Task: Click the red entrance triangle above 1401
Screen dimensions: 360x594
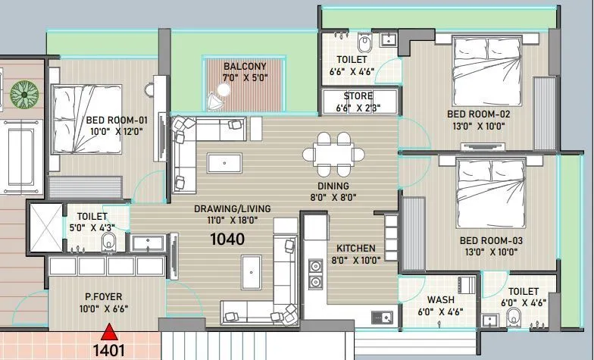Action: (x=111, y=331)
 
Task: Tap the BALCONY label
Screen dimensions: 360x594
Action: (x=244, y=67)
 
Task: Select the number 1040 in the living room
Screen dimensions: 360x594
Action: (x=227, y=239)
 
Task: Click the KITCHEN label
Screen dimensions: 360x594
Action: (x=355, y=249)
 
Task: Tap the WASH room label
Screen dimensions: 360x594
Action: (x=440, y=300)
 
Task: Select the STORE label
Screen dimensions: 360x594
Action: (x=358, y=96)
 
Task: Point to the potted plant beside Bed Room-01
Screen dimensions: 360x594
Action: (x=24, y=95)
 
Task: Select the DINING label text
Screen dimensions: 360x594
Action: (x=333, y=186)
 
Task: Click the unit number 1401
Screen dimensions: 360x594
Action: (x=109, y=351)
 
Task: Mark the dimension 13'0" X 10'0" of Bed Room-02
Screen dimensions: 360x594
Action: (x=477, y=127)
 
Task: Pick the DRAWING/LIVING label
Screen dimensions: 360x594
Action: (x=232, y=209)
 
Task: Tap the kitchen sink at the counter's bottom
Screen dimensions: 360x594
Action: (x=384, y=317)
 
